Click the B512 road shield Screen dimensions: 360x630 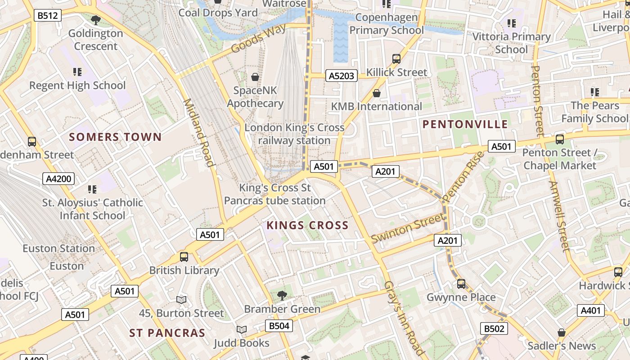(48, 16)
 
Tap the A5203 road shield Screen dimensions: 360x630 (341, 76)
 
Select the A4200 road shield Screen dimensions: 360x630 (59, 179)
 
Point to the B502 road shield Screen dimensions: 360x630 (494, 328)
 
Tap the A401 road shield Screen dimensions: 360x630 (590, 310)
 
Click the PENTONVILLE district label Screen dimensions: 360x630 (465, 125)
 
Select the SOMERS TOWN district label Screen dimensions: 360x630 (115, 137)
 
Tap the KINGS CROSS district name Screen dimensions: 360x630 (307, 225)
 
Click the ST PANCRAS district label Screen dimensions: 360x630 (167, 333)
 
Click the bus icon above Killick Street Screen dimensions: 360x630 (396, 58)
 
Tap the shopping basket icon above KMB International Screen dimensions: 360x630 (377, 93)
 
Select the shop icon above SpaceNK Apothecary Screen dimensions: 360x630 (255, 77)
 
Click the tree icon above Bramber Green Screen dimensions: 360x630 (282, 296)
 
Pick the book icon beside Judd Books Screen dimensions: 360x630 (242, 330)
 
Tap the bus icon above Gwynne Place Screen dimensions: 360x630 (461, 283)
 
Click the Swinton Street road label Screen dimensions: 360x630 (407, 229)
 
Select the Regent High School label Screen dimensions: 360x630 (77, 85)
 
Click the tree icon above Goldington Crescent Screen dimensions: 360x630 (95, 20)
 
